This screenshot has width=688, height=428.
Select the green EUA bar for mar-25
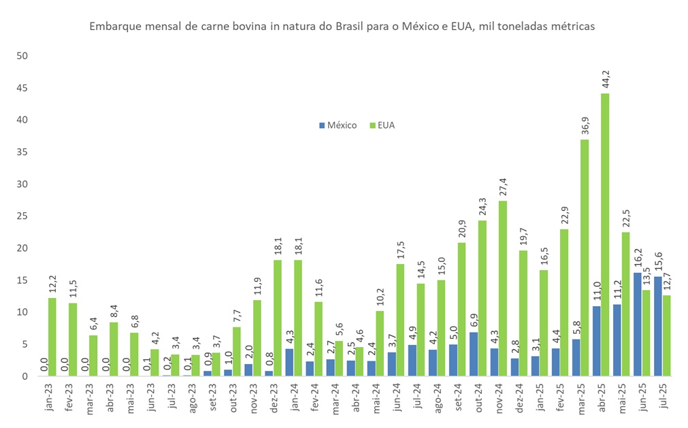(584, 258)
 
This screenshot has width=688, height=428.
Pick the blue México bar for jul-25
(657, 326)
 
